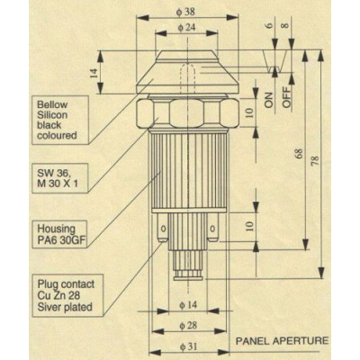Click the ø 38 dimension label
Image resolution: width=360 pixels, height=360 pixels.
(x=185, y=12)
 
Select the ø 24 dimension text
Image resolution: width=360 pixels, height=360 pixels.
(x=186, y=27)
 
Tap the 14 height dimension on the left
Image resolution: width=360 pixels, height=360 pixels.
(x=94, y=73)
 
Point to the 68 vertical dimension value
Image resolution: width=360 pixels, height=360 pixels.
(x=300, y=153)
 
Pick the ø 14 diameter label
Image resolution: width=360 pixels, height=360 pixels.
(x=188, y=305)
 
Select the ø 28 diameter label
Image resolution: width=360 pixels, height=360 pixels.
(x=188, y=326)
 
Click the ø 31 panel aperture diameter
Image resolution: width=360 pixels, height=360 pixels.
(x=188, y=346)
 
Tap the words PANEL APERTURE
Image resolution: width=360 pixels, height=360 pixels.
(x=282, y=341)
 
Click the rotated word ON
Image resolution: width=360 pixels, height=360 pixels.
(x=268, y=100)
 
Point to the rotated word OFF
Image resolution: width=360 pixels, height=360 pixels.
(x=287, y=97)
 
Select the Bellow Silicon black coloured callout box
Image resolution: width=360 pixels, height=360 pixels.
(x=60, y=120)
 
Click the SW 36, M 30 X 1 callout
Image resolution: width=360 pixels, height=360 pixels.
(x=60, y=178)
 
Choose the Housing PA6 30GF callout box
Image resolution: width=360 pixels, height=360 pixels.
(x=59, y=234)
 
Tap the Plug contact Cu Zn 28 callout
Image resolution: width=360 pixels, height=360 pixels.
(x=67, y=295)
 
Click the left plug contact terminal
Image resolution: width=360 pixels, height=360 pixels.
(x=163, y=229)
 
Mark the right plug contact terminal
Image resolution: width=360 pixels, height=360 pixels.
(x=212, y=229)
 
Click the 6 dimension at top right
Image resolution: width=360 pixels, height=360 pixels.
(x=270, y=25)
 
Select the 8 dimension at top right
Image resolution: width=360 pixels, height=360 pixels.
(x=285, y=25)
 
